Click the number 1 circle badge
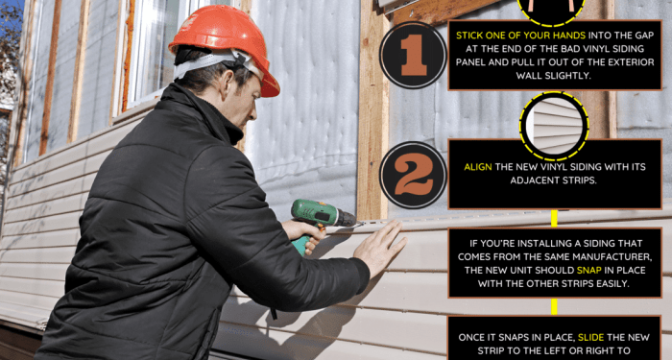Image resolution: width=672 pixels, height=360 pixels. point(413,55)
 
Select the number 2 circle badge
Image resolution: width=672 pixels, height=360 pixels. point(413,175)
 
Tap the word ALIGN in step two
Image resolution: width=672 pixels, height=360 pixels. point(478,166)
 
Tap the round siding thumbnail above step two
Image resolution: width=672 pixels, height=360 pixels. point(554,122)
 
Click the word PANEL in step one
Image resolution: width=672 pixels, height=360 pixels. point(478,61)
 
